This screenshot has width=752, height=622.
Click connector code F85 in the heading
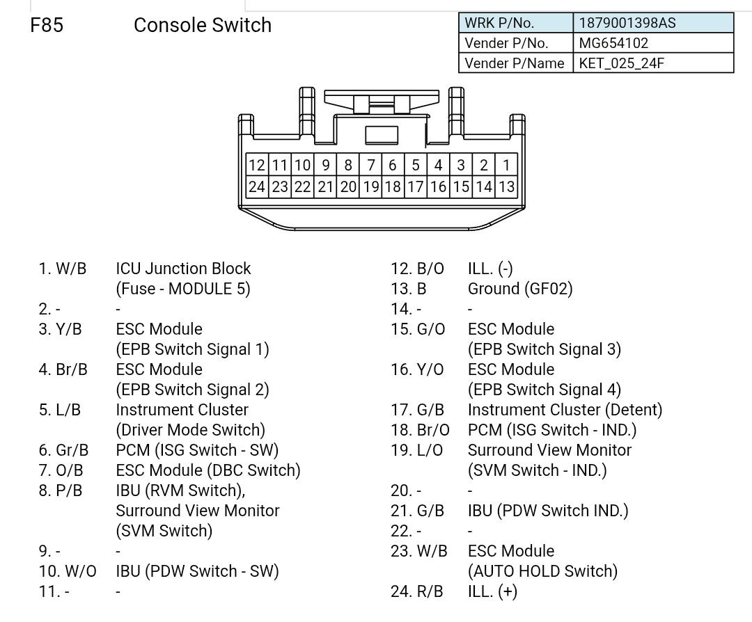pyautogui.click(x=47, y=25)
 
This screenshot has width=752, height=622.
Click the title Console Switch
pyautogui.click(x=202, y=25)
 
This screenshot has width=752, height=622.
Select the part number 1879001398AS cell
pyautogui.click(x=627, y=23)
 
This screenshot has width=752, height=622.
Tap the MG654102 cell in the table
pyautogui.click(x=613, y=43)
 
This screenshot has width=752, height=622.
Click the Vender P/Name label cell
pyautogui.click(x=515, y=63)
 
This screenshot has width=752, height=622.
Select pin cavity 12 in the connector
pyautogui.click(x=257, y=165)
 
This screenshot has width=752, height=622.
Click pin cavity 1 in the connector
pyautogui.click(x=506, y=165)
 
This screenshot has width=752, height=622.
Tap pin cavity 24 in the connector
pyautogui.click(x=257, y=186)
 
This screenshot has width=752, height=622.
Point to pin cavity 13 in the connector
pyautogui.click(x=506, y=186)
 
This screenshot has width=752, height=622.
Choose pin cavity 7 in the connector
pyautogui.click(x=371, y=165)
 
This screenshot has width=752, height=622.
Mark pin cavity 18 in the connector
pyautogui.click(x=393, y=186)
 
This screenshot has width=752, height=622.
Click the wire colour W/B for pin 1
pyautogui.click(x=71, y=269)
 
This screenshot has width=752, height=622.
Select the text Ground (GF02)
pyautogui.click(x=519, y=289)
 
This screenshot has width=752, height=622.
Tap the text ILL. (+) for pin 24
pyautogui.click(x=492, y=591)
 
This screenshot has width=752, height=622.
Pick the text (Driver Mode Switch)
pyautogui.click(x=190, y=430)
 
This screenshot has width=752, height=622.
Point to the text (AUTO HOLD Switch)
pyautogui.click(x=542, y=571)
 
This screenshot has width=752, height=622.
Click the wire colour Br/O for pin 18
pyautogui.click(x=433, y=430)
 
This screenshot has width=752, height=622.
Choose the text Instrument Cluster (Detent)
pyautogui.click(x=565, y=410)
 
